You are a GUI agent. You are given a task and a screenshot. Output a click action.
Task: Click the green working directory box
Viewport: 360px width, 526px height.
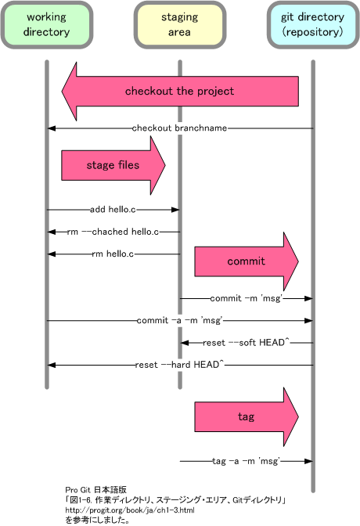(47, 24)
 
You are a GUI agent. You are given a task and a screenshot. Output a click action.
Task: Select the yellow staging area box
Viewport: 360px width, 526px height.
(180, 24)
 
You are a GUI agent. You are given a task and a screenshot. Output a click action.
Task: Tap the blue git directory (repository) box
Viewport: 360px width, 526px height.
(313, 24)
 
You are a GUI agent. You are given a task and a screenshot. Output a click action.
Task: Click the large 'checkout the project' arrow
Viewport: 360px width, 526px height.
(180, 92)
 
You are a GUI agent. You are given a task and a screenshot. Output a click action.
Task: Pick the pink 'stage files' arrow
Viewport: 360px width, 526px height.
(113, 165)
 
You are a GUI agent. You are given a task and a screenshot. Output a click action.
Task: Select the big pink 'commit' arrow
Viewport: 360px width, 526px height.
(247, 261)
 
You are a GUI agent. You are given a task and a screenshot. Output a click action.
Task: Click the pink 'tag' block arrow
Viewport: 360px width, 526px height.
(247, 416)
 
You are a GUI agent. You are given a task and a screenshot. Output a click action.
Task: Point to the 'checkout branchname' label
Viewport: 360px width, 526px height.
(179, 128)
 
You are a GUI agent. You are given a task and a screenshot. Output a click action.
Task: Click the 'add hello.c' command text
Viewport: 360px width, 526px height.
(113, 210)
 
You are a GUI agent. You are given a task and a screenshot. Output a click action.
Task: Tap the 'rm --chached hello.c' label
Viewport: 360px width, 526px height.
(113, 232)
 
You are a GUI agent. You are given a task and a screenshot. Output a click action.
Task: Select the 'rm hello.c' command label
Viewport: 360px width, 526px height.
(113, 254)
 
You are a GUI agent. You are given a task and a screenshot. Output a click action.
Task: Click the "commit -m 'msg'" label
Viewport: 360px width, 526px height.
(247, 298)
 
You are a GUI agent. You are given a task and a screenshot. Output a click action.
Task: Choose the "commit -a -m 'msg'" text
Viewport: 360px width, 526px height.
(179, 320)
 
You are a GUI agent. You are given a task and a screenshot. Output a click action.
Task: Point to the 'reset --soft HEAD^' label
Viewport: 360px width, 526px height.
(246, 343)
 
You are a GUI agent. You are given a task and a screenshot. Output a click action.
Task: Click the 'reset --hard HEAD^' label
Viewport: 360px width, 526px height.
(179, 365)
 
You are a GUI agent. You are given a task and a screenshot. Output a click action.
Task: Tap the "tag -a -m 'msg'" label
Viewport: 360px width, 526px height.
(246, 461)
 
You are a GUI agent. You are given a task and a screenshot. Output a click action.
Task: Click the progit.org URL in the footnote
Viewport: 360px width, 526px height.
(130, 510)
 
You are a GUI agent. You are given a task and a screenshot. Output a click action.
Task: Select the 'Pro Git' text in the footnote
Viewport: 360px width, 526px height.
(77, 490)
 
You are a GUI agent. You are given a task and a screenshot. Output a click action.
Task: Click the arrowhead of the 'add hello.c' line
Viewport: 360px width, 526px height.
(175, 210)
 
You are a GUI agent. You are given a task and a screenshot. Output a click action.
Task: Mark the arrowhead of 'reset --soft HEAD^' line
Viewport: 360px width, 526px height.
(185, 343)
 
